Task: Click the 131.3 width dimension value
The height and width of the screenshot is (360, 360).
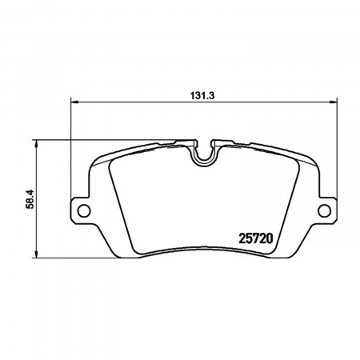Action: (202, 95)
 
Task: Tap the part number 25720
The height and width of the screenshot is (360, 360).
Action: (256, 238)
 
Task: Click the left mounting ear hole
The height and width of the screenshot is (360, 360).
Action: (84, 210)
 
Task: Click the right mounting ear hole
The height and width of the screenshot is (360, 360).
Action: (325, 210)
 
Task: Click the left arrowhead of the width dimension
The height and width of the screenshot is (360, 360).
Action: (74, 102)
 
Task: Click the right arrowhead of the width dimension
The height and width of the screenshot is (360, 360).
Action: (334, 102)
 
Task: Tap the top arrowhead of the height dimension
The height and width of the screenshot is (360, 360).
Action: (37, 144)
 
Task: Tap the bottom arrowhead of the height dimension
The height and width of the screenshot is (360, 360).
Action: (37, 254)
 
